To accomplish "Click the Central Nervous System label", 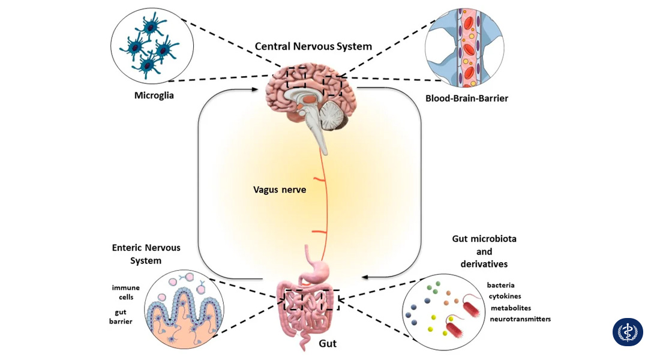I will (313, 46).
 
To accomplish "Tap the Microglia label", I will (154, 95).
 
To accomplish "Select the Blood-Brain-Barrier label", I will (466, 98).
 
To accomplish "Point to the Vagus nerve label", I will (280, 190).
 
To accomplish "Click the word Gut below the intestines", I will (327, 344).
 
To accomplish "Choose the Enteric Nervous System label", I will (146, 254).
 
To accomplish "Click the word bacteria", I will (500, 285).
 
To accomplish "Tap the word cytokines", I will (505, 296).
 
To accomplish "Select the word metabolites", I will (511, 308).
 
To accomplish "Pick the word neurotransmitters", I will (520, 319).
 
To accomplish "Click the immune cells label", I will (125, 292).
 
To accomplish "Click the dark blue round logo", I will (628, 332).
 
